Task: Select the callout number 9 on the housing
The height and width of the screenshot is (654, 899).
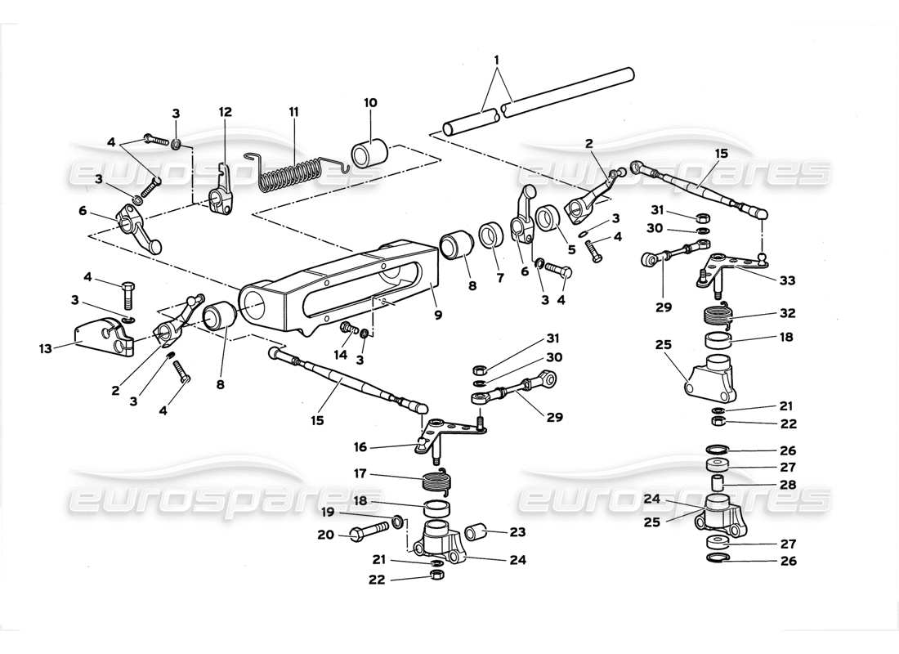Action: click(438, 314)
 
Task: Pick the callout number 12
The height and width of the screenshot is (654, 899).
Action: click(225, 112)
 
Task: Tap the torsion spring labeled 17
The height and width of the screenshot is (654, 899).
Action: click(436, 482)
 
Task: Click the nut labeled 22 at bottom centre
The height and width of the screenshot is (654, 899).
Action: click(437, 577)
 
